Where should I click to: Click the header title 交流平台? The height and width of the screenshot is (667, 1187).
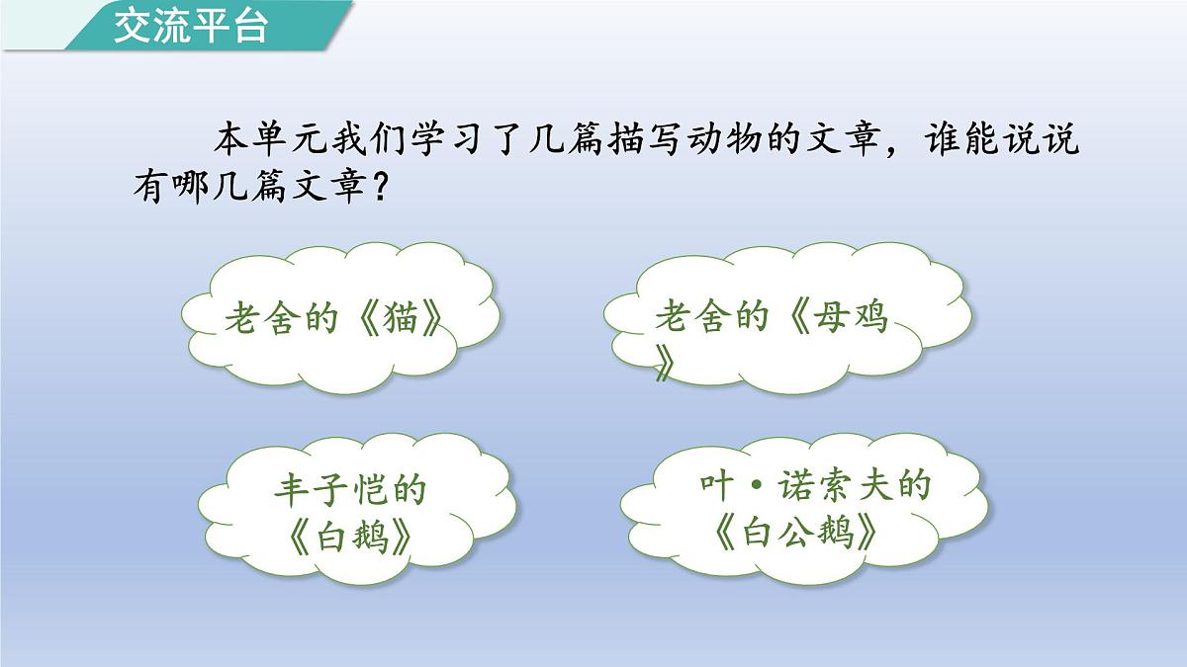click(x=191, y=27)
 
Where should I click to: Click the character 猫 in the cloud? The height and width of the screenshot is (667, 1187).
click(x=399, y=318)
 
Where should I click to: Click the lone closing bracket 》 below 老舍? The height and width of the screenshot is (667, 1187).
click(x=665, y=367)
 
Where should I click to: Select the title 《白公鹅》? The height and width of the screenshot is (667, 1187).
click(x=795, y=535)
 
